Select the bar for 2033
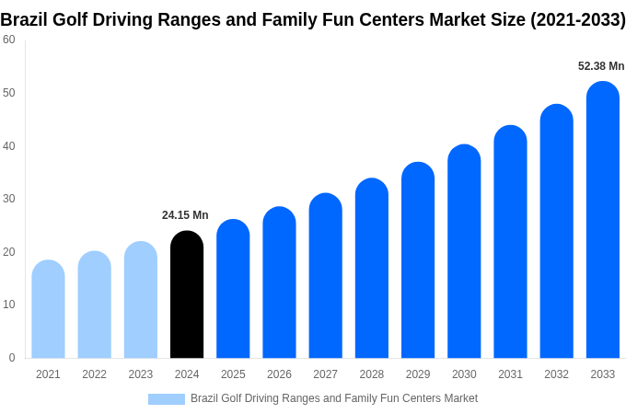(x=603, y=221)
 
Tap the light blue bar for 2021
(x=48, y=309)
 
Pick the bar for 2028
(x=372, y=269)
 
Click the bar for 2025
(x=233, y=289)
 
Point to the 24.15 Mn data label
(x=185, y=215)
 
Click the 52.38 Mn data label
(x=601, y=66)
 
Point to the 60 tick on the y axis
(x=9, y=40)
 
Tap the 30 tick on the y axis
(x=9, y=199)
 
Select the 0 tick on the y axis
(x=12, y=358)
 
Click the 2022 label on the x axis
(x=94, y=374)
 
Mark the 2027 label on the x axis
(x=325, y=374)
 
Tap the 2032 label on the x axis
(x=556, y=374)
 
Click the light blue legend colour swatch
(x=167, y=399)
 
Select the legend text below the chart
(x=333, y=398)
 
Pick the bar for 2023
(x=141, y=300)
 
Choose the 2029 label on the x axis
(x=418, y=374)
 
